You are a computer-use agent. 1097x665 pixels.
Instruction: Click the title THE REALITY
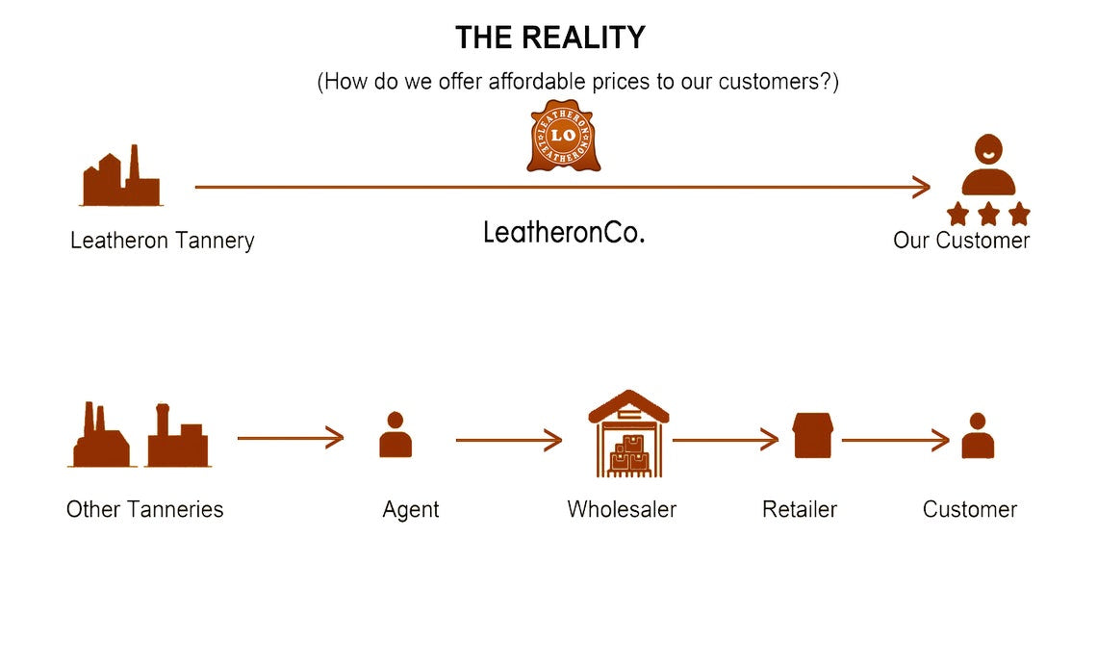[549, 38]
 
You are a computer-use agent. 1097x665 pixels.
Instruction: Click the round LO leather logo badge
[564, 136]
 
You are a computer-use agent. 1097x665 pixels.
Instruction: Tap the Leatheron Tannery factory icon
[120, 177]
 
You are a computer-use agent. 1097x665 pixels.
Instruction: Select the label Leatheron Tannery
[162, 240]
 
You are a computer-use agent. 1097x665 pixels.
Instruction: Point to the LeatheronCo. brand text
[564, 232]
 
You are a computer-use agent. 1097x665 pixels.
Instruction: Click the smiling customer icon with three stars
[988, 179]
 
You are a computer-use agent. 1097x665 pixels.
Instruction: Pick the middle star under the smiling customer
[988, 214]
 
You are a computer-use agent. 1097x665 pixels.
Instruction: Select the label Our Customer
[961, 240]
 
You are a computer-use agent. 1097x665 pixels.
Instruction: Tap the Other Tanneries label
[144, 509]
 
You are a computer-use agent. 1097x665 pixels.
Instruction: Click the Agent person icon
[395, 435]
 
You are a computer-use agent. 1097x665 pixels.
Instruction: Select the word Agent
[411, 509]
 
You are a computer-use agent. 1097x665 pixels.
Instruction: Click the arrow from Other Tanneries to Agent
[290, 438]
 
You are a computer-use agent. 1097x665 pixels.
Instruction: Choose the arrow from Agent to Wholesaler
[508, 441]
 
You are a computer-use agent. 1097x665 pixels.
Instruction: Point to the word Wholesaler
[622, 509]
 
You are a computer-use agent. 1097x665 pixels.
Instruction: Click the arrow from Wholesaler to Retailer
[725, 440]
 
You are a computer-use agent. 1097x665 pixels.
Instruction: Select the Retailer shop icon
[812, 436]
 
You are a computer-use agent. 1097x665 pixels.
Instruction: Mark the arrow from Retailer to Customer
[895, 440]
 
